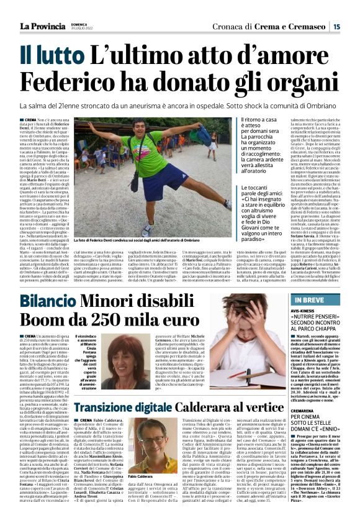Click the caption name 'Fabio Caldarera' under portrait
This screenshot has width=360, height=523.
click(x=144, y=477)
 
